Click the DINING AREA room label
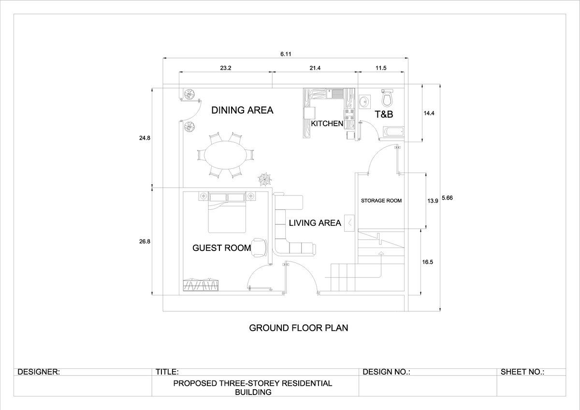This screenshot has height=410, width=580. pyautogui.click(x=242, y=110)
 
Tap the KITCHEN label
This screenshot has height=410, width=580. pyautogui.click(x=327, y=124)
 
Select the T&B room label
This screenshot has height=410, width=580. pyautogui.click(x=384, y=115)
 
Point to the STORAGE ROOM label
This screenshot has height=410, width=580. pyautogui.click(x=381, y=200)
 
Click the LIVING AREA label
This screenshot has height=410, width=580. pyautogui.click(x=315, y=223)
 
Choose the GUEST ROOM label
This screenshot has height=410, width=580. pyautogui.click(x=222, y=248)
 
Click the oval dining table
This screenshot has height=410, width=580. pyautogui.click(x=225, y=155)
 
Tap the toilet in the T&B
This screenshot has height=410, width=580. pyautogui.click(x=387, y=98)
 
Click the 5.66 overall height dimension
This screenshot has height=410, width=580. pyautogui.click(x=447, y=198)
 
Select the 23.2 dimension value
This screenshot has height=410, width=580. pyautogui.click(x=226, y=68)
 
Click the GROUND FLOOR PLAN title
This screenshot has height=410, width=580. pyautogui.click(x=298, y=328)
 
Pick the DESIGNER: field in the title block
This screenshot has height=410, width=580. pyautogui.click(x=39, y=372)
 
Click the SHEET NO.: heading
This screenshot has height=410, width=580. pyautogui.click(x=522, y=372)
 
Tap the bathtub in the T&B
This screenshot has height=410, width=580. pyautogui.click(x=392, y=132)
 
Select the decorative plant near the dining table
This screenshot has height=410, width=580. pyautogui.click(x=265, y=179)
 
